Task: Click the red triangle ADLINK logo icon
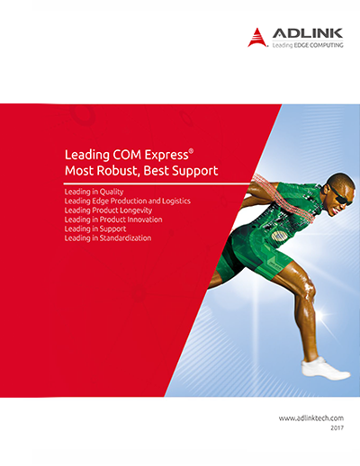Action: pyautogui.click(x=257, y=38)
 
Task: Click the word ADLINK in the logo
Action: pyautogui.click(x=308, y=33)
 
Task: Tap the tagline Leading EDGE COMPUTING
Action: pyautogui.click(x=308, y=45)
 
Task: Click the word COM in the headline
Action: pyautogui.click(x=127, y=155)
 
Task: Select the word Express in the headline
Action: pyautogui.click(x=166, y=156)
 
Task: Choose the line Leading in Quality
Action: pyautogui.click(x=94, y=192)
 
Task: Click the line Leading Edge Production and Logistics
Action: pyautogui.click(x=128, y=201)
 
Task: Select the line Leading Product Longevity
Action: pyautogui.click(x=108, y=211)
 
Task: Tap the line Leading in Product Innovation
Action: pyautogui.click(x=113, y=220)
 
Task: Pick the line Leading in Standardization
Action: pyautogui.click(x=108, y=238)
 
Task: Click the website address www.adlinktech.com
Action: pyautogui.click(x=311, y=418)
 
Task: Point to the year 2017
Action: pyautogui.click(x=337, y=428)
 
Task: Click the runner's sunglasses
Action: pyautogui.click(x=339, y=196)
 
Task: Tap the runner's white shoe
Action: pyautogui.click(x=325, y=369)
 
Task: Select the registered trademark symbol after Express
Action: pyautogui.click(x=191, y=151)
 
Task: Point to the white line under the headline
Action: pyautogui.click(x=157, y=184)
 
